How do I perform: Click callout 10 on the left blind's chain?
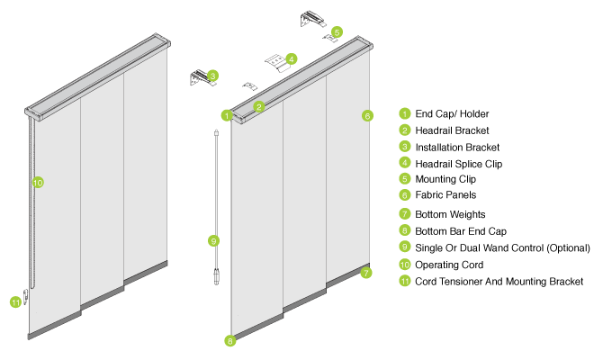point(38,183)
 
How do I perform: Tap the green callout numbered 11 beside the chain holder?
point(15,302)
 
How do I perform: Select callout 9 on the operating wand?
point(213,241)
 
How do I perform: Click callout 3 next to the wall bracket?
point(212,76)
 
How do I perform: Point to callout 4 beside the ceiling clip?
point(292,59)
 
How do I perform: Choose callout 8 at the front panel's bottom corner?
point(230,341)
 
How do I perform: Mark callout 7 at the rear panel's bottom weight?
point(366,273)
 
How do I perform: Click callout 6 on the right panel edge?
point(367,116)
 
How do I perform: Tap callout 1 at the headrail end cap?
point(227,115)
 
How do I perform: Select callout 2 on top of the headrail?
point(259,106)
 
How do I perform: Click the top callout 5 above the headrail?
point(337,32)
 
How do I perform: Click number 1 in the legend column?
point(405,113)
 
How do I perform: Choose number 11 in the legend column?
point(405,281)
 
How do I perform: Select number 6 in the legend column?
point(405,194)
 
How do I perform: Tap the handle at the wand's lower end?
point(216,276)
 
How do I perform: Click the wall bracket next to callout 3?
point(198,78)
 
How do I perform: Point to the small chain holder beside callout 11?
point(26,296)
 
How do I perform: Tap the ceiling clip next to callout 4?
point(276,61)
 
